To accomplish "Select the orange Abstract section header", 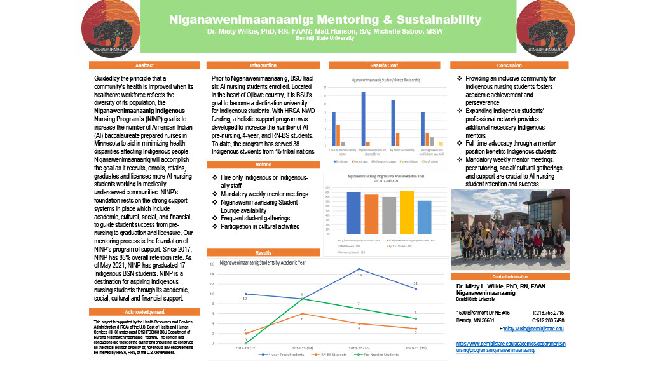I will [144, 65].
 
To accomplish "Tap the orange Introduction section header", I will [263, 65].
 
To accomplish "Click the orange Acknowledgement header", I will [144, 312].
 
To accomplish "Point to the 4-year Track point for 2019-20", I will [359, 269].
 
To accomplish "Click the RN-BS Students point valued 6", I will [302, 313].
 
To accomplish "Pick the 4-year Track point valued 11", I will [416, 288].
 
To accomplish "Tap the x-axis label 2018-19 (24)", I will [302, 349].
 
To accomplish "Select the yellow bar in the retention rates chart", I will [407, 212].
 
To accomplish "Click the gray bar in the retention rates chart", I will [389, 215].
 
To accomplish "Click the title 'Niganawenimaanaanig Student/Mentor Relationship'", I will [386, 81].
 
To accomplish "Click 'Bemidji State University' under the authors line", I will [325, 38].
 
